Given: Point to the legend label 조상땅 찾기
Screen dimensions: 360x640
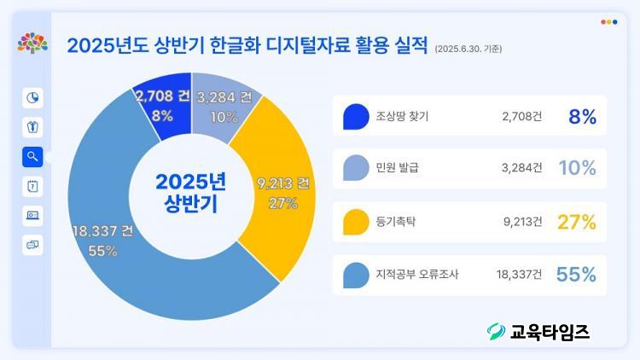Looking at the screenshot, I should pos(402,116).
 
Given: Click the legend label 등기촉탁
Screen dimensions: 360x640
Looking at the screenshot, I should pos(396,222).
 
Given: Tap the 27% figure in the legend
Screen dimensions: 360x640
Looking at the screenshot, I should pos(576,222).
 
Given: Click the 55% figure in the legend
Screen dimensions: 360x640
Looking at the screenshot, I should pos(576,275).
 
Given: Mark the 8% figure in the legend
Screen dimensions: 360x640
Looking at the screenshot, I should pos(582,116).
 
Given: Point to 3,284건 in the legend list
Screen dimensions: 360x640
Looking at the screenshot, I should pos(521,169).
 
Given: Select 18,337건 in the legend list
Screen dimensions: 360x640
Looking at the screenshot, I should pos(518,275).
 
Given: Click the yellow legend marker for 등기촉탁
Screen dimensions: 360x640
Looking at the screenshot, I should pos(355,222).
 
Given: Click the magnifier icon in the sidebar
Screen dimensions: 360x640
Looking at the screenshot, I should pos(32,156).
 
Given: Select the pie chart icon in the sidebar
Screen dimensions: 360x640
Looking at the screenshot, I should pos(32,97).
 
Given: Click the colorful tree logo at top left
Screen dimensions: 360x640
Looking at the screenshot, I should pos(32,43).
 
